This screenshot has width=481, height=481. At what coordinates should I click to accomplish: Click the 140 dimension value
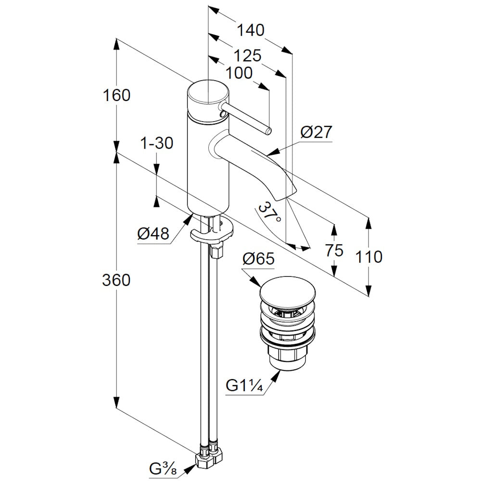251,30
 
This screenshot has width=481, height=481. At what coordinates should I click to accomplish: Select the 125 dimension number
247,56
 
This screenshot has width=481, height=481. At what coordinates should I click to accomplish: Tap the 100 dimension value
239,73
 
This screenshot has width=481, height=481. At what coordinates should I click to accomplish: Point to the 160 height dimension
116,95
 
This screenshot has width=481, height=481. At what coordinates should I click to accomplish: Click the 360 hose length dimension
116,280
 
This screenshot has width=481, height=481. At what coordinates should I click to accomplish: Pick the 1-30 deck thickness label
157,143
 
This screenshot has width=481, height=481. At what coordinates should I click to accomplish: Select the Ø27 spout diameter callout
316,132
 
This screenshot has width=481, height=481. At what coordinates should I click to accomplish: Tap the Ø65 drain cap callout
258,259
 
